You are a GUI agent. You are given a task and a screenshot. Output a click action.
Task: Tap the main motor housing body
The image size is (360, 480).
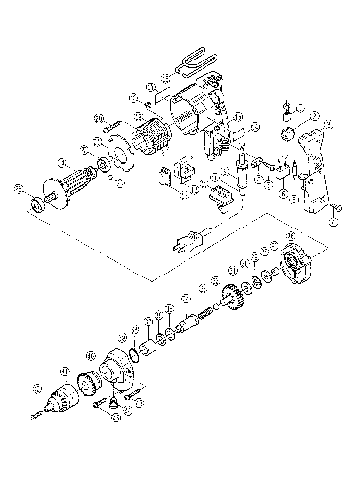194,113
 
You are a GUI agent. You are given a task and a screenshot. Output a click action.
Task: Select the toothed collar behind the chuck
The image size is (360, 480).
94,379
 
